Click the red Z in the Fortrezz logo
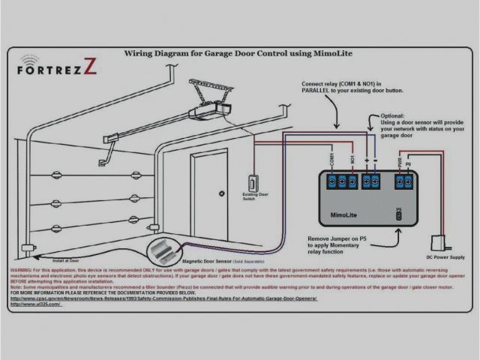click(x=90, y=67)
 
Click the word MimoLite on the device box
click(x=348, y=214)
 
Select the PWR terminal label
click(x=400, y=160)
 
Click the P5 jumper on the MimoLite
click(x=399, y=214)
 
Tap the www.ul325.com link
click(x=37, y=304)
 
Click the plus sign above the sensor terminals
click(x=365, y=160)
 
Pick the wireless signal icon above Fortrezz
click(x=31, y=58)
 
